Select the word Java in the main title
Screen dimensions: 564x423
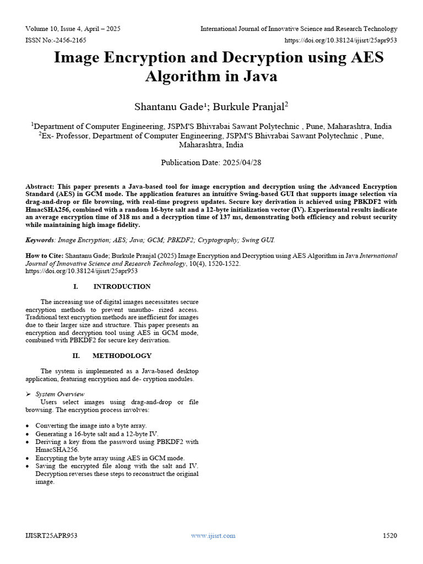[259, 76]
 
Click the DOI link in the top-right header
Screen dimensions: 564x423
[340, 40]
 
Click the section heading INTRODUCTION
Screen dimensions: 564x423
[122, 286]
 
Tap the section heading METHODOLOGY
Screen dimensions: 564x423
[122, 356]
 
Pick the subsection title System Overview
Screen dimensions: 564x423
[60, 394]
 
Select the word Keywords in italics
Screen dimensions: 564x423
[40, 240]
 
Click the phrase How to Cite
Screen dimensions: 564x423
[45, 256]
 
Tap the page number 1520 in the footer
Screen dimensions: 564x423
[389, 535]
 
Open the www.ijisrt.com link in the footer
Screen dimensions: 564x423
[213, 535]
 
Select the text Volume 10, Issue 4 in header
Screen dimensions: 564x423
[59, 29]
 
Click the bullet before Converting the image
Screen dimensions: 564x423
[28, 426]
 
